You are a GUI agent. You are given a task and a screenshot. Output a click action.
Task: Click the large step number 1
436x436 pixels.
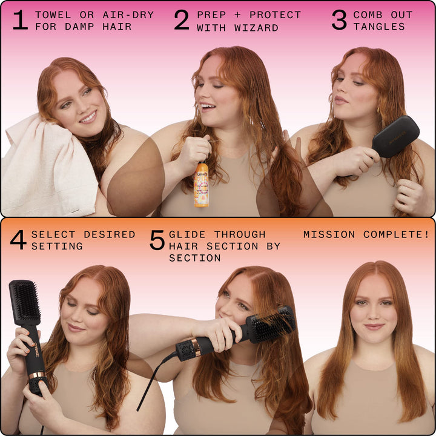point(20,20)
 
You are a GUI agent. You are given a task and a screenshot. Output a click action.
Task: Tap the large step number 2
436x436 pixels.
point(182,20)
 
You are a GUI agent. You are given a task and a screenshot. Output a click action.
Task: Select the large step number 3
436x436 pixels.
point(339,20)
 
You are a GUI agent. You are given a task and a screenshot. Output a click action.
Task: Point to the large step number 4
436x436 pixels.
point(18,240)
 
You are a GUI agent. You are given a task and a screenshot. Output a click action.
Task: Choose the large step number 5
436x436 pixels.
point(157,240)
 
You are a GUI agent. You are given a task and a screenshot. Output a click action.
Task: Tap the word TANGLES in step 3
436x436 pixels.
point(379,27)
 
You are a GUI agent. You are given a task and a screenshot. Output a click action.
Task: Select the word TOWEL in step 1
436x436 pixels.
point(53,15)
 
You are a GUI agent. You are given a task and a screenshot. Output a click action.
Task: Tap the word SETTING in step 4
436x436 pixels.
point(57,246)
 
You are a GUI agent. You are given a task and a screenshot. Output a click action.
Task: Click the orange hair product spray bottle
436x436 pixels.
point(201,185)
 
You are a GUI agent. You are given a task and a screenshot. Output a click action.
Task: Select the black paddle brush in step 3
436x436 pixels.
point(395,136)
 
